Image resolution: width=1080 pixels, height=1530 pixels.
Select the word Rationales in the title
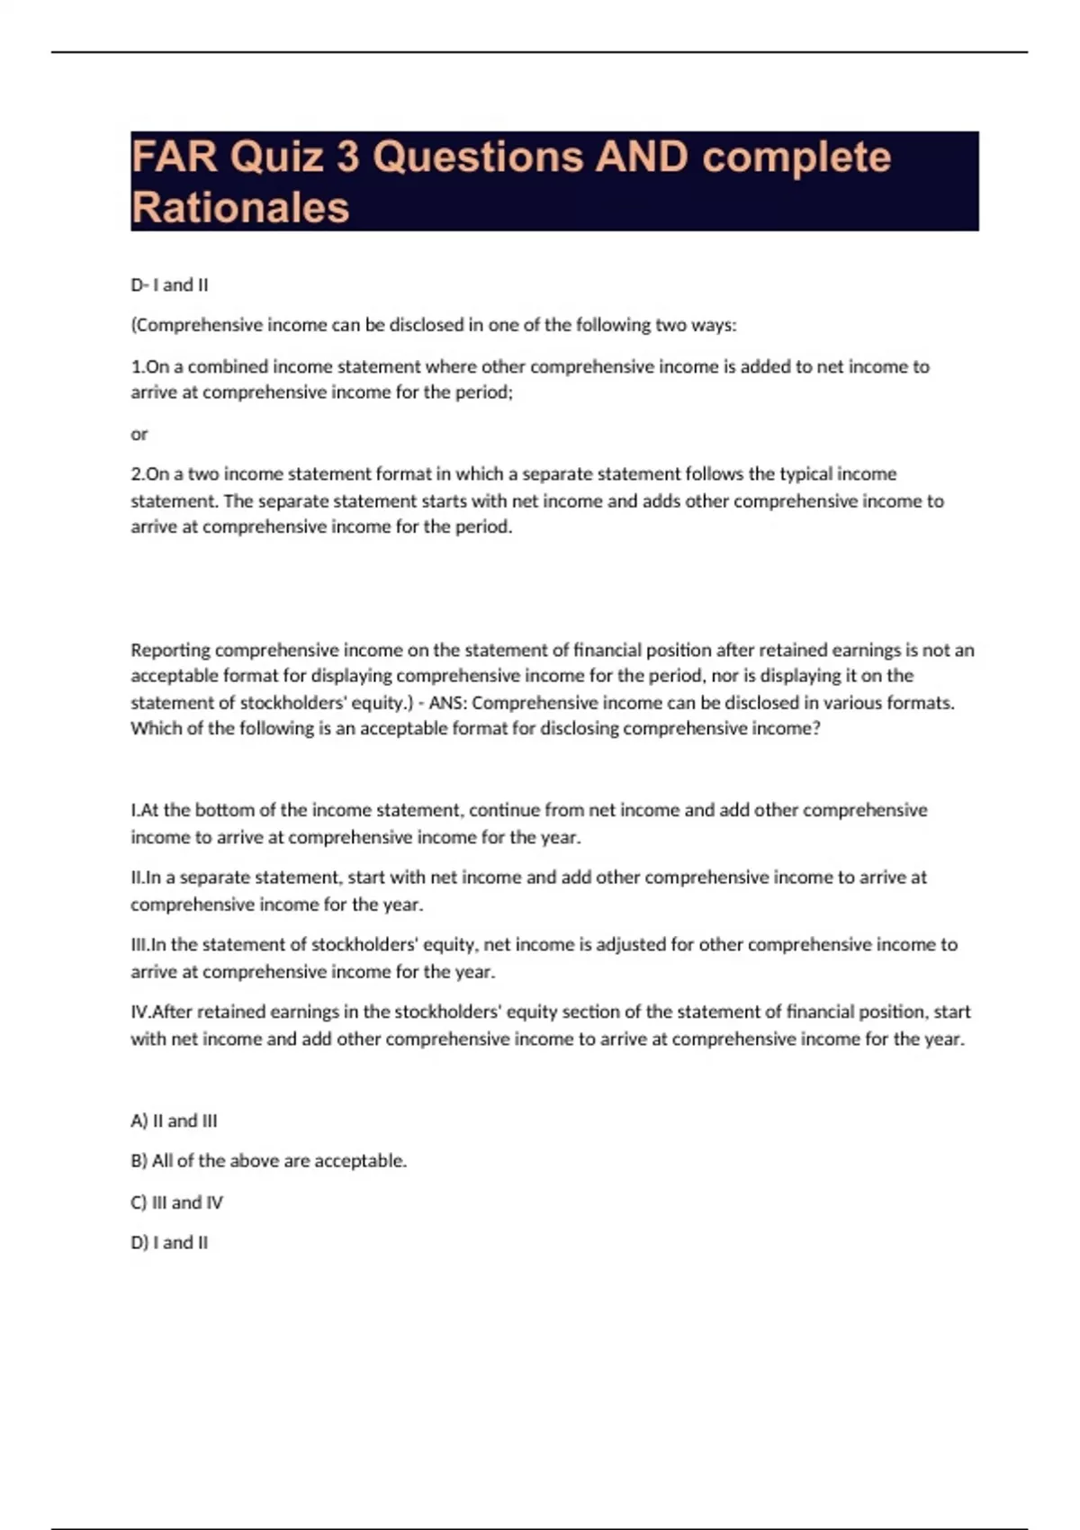pyautogui.click(x=240, y=208)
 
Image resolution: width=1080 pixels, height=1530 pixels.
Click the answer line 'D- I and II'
pyautogui.click(x=169, y=285)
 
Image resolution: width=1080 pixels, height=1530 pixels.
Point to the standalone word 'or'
pyautogui.click(x=139, y=435)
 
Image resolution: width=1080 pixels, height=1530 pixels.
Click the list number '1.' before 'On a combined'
pyautogui.click(x=138, y=367)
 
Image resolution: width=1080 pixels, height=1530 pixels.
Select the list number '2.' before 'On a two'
pyautogui.click(x=138, y=474)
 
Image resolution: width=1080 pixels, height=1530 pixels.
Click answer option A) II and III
pyautogui.click(x=174, y=1121)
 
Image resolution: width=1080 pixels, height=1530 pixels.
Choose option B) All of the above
pyautogui.click(x=268, y=1161)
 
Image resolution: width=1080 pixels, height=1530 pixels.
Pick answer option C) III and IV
pyautogui.click(x=176, y=1202)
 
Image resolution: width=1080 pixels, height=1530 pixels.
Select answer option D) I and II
pyautogui.click(x=169, y=1243)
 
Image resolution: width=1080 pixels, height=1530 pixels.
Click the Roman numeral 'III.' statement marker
pyautogui.click(x=140, y=945)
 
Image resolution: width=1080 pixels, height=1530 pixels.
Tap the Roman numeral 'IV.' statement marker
pyautogui.click(x=141, y=1012)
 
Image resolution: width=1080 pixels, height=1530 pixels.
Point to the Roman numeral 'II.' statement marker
pyautogui.click(x=138, y=877)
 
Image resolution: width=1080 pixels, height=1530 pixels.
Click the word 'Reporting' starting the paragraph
pyautogui.click(x=170, y=651)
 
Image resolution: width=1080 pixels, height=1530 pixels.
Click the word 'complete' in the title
pyautogui.click(x=796, y=157)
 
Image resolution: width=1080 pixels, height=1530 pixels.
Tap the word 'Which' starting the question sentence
pyautogui.click(x=156, y=729)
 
